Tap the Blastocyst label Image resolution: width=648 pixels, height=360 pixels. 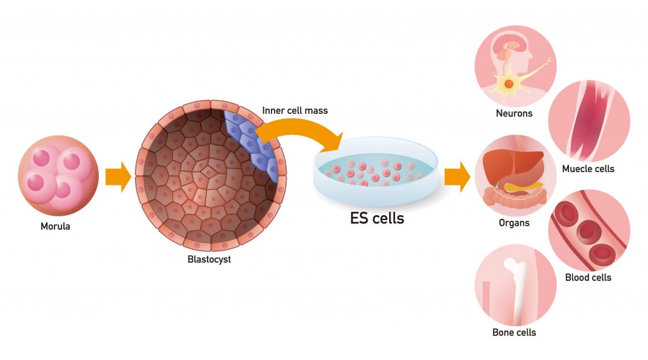point(209,259)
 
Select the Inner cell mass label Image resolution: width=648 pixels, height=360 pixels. point(295,111)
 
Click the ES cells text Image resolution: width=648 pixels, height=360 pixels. point(377,219)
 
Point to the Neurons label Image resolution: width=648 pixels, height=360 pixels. point(514,114)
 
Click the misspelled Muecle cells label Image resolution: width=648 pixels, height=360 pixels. point(588,169)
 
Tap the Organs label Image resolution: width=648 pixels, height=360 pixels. point(514,223)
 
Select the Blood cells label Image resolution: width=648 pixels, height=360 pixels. point(588,277)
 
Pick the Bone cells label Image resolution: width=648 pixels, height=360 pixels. point(514,332)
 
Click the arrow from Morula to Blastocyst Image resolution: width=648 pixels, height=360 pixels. point(118,177)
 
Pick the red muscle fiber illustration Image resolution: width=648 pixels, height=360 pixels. point(588,120)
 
